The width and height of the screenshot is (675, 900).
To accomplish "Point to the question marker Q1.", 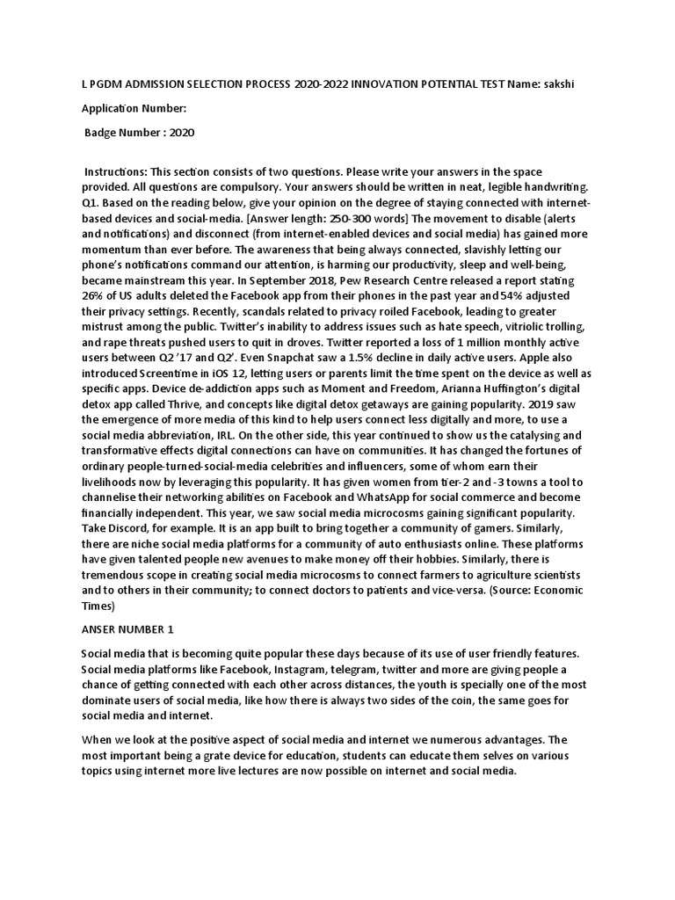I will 91,204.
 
